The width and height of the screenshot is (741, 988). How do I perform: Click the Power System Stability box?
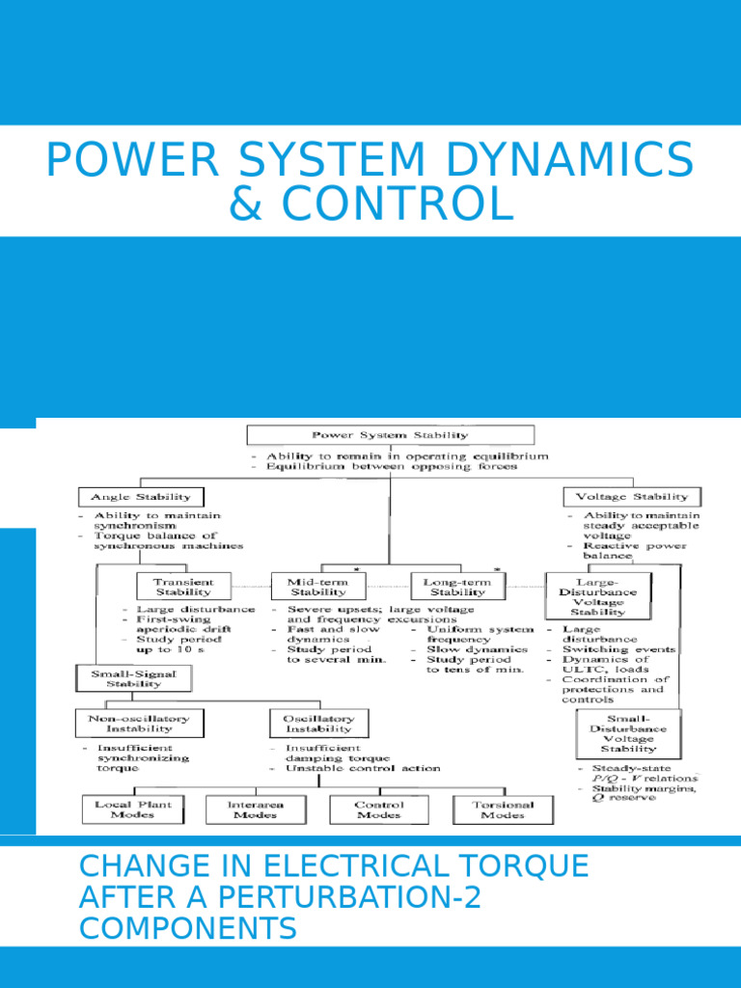[390, 434]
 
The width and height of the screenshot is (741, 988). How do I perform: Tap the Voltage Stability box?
[632, 497]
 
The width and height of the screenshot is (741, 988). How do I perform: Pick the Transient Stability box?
[183, 587]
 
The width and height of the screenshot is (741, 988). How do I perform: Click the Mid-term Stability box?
[318, 587]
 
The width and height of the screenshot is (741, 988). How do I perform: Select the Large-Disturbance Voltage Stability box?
[598, 595]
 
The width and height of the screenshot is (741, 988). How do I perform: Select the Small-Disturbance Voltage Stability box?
[628, 733]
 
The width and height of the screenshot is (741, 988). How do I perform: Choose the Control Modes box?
[379, 810]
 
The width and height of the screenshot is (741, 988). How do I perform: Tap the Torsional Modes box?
[504, 810]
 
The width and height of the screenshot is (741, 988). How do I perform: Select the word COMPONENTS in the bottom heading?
[188, 929]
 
